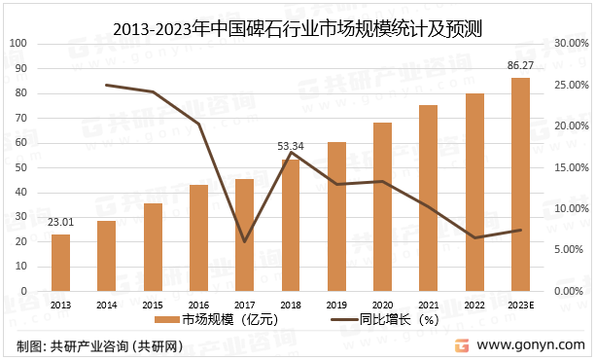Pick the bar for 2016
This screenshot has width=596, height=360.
click(198, 238)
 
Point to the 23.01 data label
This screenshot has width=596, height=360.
click(60, 224)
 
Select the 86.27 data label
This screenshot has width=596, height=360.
click(521, 65)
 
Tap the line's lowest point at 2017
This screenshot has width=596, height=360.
click(244, 241)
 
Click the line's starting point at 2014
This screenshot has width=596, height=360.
click(106, 85)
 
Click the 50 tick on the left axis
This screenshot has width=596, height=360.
click(22, 167)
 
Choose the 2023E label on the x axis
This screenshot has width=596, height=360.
click(521, 306)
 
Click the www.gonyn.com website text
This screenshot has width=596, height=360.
click(531, 345)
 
